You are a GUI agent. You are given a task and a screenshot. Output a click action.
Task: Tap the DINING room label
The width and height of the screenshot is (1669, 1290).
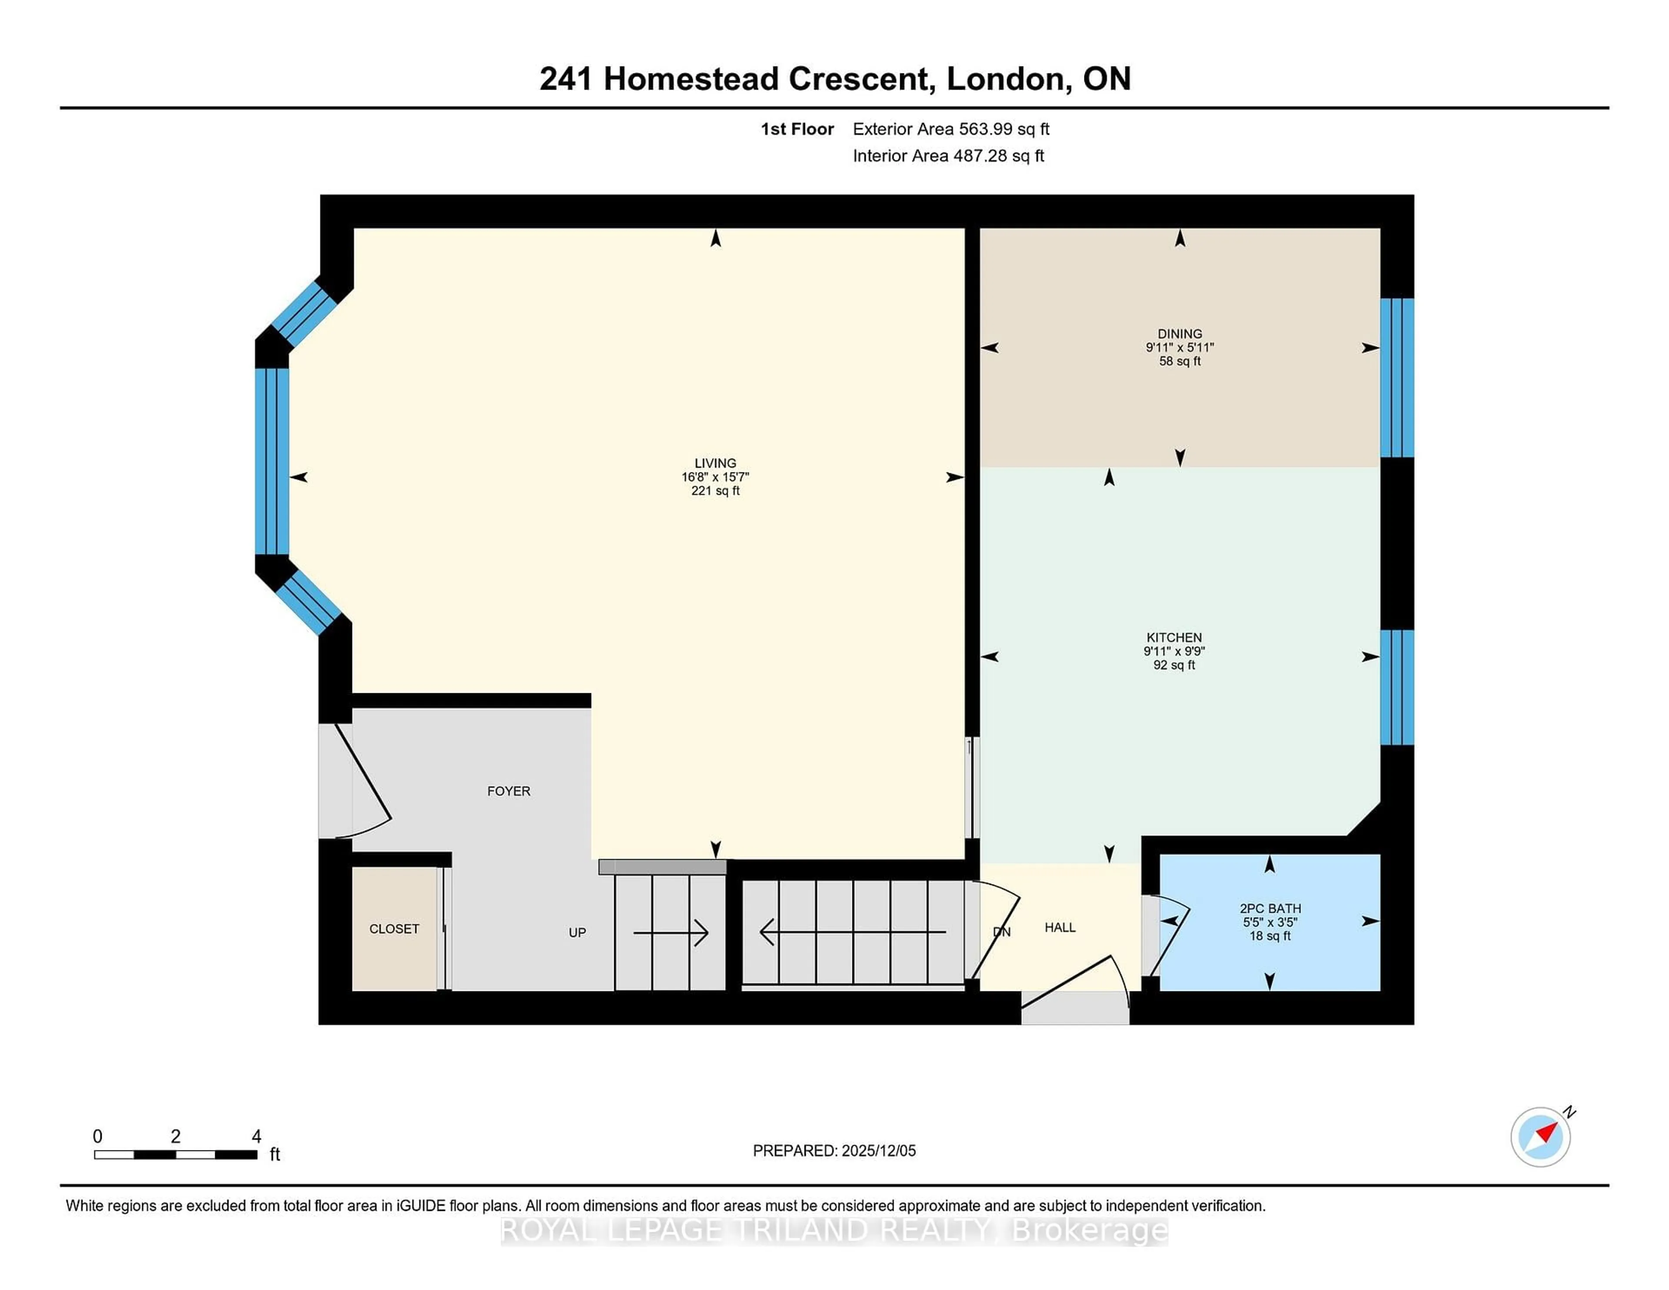[1179, 334]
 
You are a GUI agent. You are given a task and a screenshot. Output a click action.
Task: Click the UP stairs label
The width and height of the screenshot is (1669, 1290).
[577, 932]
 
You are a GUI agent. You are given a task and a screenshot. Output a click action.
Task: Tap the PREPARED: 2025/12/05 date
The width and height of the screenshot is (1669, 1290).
[834, 1150]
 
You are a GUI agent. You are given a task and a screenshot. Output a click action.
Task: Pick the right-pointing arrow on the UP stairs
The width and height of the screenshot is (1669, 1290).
[671, 932]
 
